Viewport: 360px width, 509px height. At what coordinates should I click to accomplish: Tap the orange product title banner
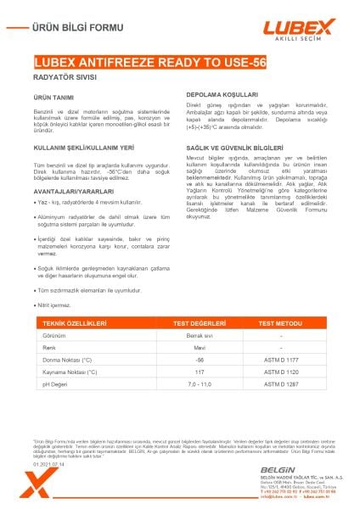pyautogui.click(x=180, y=62)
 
